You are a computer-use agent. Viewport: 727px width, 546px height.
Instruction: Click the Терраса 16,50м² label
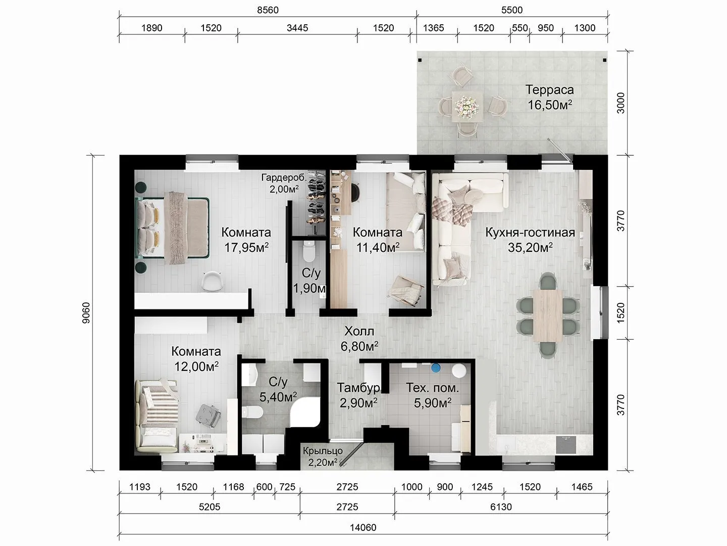pos(549,97)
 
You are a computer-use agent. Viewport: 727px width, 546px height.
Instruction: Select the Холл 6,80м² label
pos(359,339)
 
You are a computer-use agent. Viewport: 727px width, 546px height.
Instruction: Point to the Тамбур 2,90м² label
pos(358,395)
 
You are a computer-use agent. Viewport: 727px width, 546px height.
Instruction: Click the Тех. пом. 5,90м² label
pos(433,395)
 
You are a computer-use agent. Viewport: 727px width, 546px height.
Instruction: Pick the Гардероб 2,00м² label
pos(284,184)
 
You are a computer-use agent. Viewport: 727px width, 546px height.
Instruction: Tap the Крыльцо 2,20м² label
pos(323,457)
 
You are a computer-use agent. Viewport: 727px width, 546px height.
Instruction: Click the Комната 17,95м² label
pos(246,240)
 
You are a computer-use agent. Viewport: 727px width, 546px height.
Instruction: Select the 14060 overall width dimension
pos(363,527)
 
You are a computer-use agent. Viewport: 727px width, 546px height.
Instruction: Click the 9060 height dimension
pos(86,312)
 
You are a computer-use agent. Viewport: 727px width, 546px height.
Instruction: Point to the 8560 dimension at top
pos(268,10)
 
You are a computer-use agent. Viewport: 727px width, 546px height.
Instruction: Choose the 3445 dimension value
pos(297,28)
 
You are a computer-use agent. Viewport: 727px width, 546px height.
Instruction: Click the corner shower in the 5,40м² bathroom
pos(305,413)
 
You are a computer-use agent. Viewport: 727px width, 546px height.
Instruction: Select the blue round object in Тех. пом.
pos(436,368)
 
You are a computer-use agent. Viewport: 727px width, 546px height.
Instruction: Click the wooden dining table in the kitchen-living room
pos(548,315)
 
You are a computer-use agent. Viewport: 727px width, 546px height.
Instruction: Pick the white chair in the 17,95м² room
pos(212,281)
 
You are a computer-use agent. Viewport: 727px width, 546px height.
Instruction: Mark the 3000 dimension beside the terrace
pos(621,103)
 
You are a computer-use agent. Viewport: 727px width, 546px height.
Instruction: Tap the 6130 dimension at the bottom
pos(501,507)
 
